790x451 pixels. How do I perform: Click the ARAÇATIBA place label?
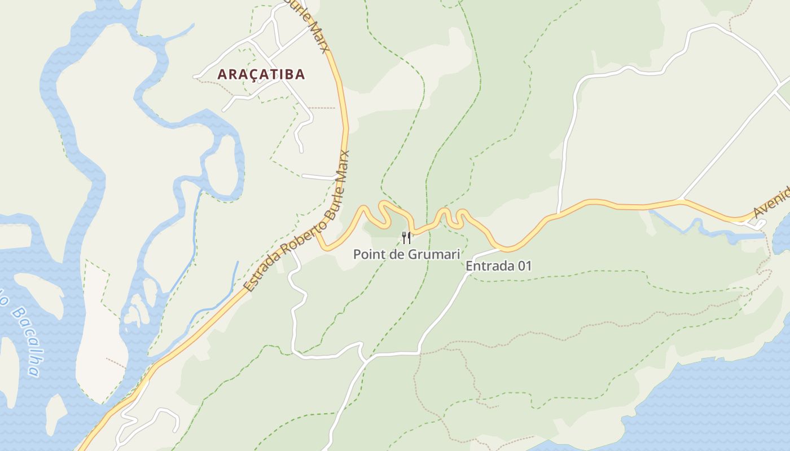[x=261, y=74]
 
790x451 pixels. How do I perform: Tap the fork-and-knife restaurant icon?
[x=406, y=237]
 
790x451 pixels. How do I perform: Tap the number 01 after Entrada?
[x=525, y=266]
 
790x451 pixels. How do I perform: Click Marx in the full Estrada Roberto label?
[x=345, y=165]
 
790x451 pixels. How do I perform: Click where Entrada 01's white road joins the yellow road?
[x=499, y=249]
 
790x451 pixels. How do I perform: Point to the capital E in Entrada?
[x=469, y=266]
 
